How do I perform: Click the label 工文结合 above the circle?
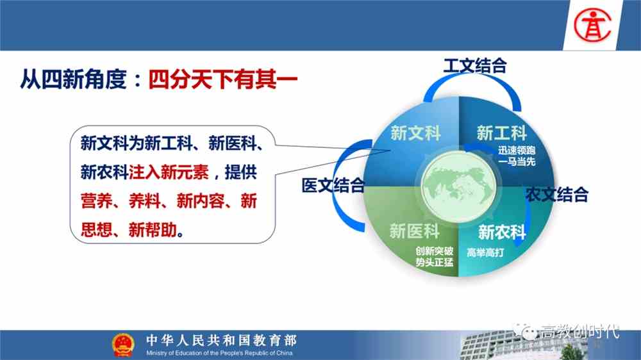pos(475,65)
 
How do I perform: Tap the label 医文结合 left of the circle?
pos(333,186)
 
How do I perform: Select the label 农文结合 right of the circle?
pos(556,193)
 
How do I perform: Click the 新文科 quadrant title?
pos(415,133)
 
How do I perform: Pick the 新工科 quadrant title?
pos(501,133)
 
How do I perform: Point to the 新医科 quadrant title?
pos(414,230)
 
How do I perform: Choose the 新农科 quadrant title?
pos(501,231)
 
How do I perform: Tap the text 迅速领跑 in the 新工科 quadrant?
pos(516,151)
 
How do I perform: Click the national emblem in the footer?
pos(122,345)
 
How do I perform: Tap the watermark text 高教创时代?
pos(579,331)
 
